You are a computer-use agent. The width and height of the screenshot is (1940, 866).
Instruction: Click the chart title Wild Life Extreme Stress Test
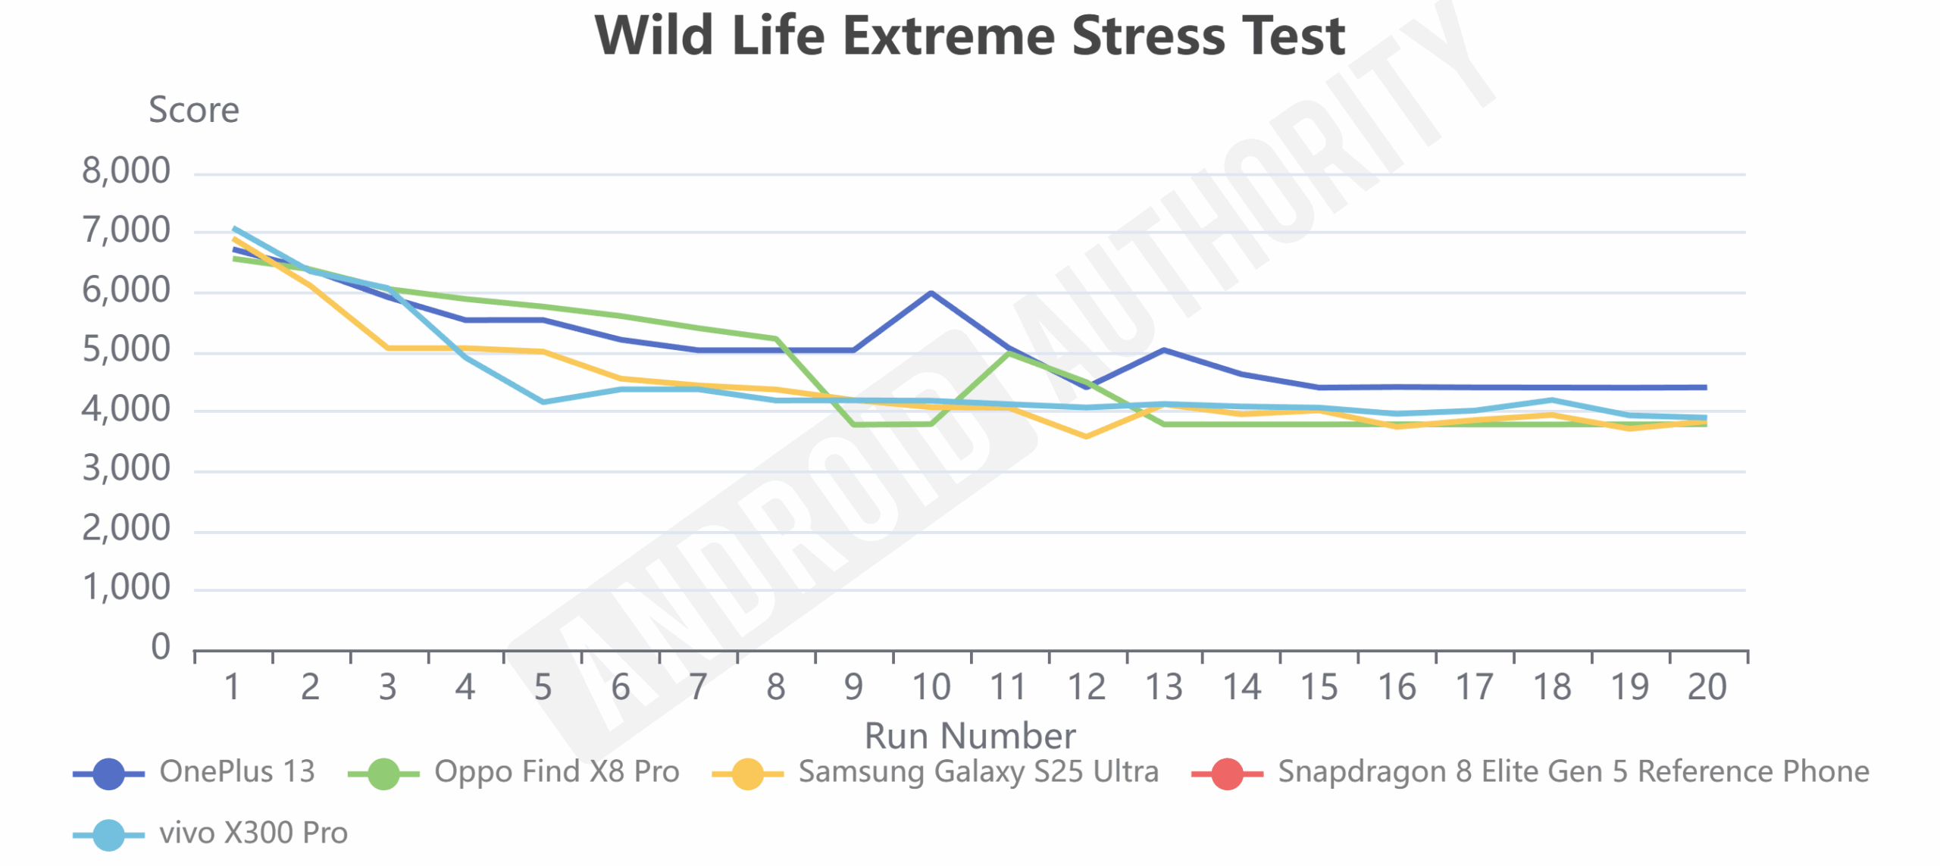click(969, 36)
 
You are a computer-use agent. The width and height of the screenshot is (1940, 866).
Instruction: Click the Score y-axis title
click(193, 110)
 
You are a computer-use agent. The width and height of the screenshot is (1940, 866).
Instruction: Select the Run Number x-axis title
click(969, 735)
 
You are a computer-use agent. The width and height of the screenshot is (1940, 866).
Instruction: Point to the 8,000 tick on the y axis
click(126, 170)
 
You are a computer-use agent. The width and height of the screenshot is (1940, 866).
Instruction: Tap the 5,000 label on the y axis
click(126, 349)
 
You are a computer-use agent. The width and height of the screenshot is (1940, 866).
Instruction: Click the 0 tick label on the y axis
click(160, 647)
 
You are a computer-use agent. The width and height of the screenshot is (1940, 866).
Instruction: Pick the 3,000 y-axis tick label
click(126, 468)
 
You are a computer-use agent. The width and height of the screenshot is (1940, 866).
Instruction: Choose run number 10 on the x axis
click(931, 687)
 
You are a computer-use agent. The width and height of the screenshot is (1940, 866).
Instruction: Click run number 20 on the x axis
click(1707, 687)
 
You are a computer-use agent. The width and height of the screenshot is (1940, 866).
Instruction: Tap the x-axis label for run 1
click(232, 687)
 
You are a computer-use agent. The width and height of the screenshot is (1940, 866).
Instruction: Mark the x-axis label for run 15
click(1319, 687)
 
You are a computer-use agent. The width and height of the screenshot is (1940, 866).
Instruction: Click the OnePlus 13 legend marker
click(108, 774)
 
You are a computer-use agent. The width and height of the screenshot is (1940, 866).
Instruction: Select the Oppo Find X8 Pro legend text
click(556, 771)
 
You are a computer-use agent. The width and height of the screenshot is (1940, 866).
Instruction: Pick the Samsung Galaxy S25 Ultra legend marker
click(747, 774)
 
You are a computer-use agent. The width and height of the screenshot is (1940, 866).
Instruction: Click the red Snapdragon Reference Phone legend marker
click(1227, 774)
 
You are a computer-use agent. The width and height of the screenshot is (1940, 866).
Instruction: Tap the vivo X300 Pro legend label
click(253, 833)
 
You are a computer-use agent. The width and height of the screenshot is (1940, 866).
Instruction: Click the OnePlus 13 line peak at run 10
click(931, 292)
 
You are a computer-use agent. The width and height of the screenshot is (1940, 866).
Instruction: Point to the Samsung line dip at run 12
click(1086, 436)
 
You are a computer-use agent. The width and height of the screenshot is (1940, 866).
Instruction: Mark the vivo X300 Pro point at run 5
click(543, 402)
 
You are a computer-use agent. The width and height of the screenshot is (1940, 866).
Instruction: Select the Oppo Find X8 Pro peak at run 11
click(1009, 352)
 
